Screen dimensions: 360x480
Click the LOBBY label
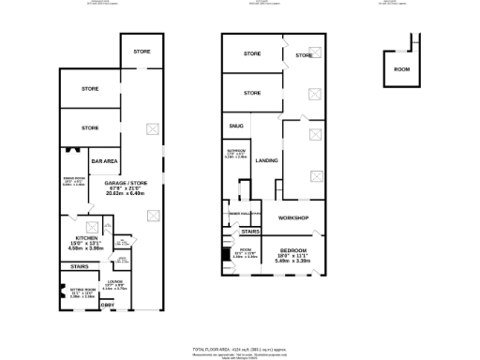pyautogui.click(x=108, y=307)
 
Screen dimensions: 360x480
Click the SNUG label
pyautogui.click(x=236, y=125)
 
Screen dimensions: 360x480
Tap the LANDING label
pyautogui.click(x=266, y=160)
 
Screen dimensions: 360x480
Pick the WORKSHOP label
pyautogui.click(x=292, y=217)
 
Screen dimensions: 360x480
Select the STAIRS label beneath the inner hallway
pyautogui.click(x=250, y=231)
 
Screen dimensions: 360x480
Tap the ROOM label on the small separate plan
pyautogui.click(x=401, y=69)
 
